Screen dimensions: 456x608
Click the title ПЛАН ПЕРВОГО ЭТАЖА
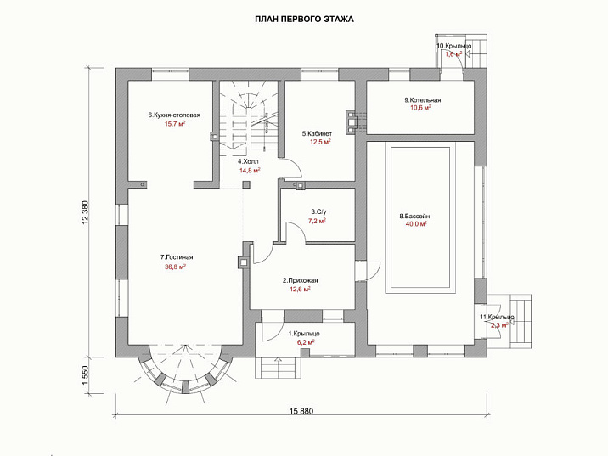[305, 18]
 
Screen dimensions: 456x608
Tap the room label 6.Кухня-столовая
[174, 115]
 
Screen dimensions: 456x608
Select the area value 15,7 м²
[174, 124]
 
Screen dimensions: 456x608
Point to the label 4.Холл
[248, 161]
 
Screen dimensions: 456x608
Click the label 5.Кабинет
[316, 134]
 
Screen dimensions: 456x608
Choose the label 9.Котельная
[422, 100]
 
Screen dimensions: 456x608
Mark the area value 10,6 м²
[421, 109]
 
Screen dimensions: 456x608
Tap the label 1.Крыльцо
[304, 334]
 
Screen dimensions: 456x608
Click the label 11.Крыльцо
[496, 317]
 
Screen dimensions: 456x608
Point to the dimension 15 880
[301, 411]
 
